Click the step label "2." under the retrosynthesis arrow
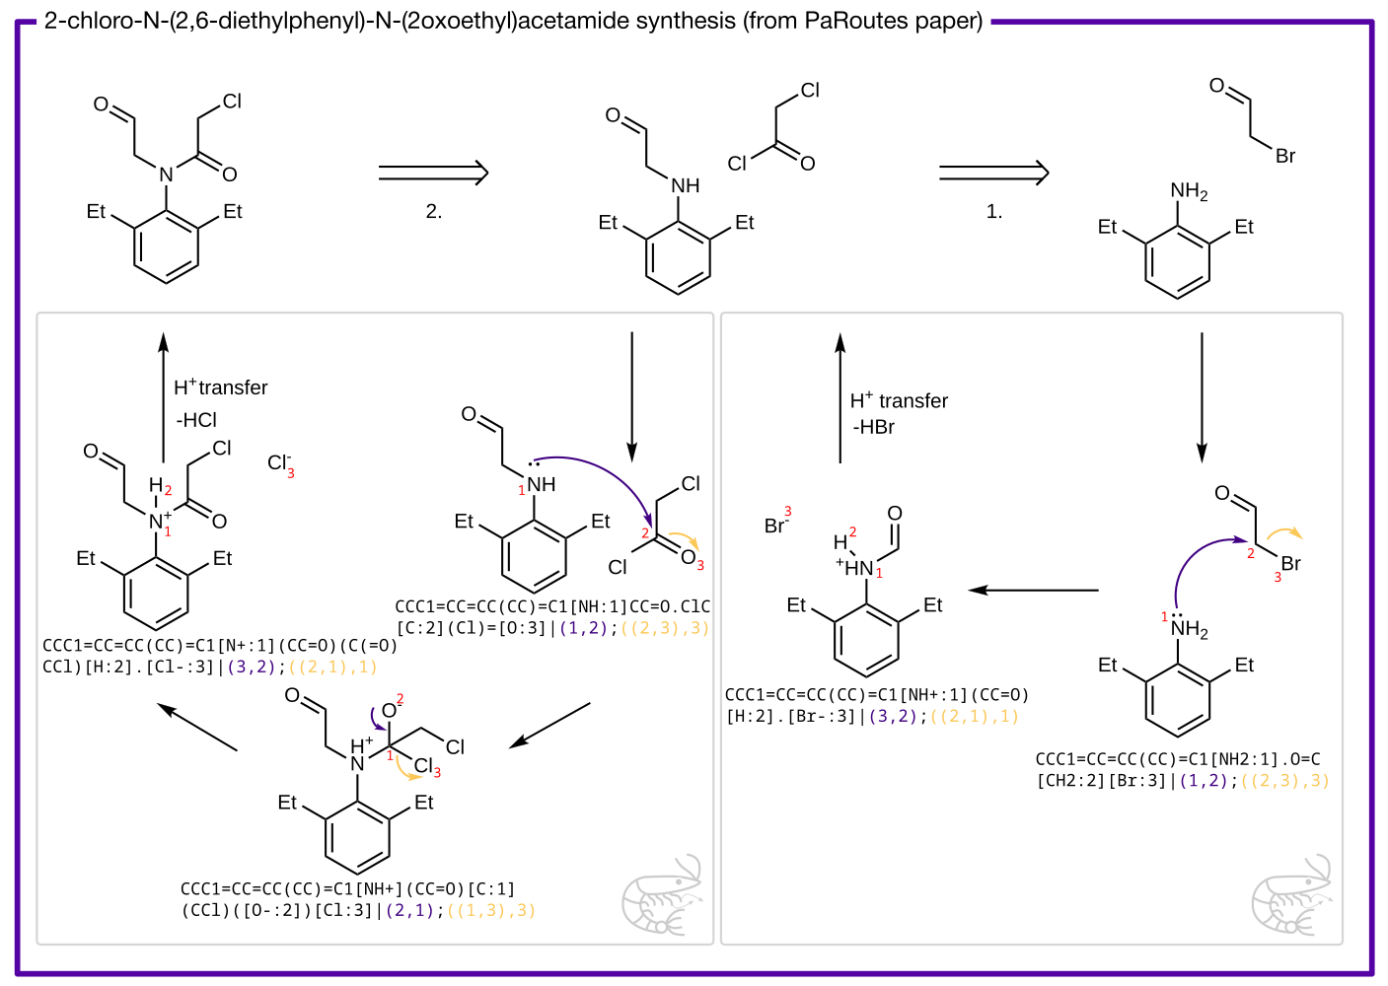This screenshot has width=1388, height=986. tap(434, 212)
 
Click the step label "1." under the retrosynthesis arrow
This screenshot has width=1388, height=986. tap(994, 212)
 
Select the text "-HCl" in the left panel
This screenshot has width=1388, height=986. tap(196, 420)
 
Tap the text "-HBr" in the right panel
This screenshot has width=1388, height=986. tap(874, 427)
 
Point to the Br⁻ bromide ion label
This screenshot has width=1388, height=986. tap(776, 526)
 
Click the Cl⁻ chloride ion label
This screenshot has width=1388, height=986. tap(279, 462)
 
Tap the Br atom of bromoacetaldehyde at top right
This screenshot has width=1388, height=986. tap(1284, 156)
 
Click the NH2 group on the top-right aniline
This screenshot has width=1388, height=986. tap(1188, 191)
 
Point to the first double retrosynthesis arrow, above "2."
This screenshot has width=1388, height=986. tap(434, 173)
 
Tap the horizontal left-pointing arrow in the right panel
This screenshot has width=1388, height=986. tap(1033, 590)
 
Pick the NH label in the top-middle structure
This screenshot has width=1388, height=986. tap(685, 185)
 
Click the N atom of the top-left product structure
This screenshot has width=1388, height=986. tap(166, 175)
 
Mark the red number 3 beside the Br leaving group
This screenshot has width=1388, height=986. tap(1278, 578)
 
